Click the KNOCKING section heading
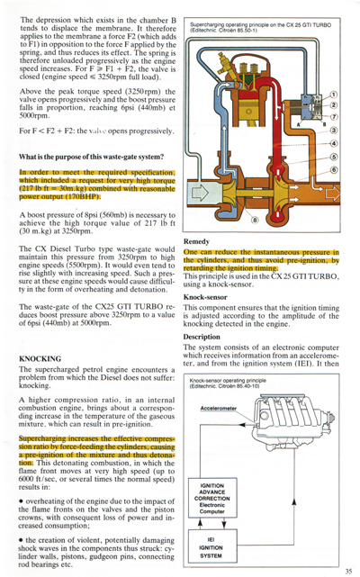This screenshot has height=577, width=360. coord(40,358)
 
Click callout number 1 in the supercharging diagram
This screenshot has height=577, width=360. coord(334,94)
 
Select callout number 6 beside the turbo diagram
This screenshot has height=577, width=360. coord(334,170)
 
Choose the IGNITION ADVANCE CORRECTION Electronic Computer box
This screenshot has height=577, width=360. coord(218,499)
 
